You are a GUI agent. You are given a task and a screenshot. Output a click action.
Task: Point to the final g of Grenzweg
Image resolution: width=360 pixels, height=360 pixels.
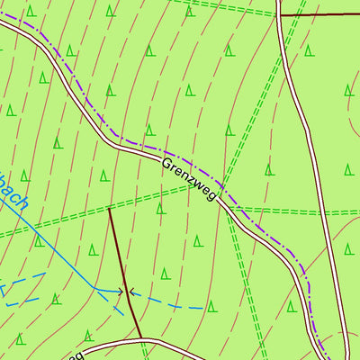coord(212,195)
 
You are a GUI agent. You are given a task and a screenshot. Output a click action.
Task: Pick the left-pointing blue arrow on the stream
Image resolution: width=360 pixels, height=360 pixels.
coord(133,291)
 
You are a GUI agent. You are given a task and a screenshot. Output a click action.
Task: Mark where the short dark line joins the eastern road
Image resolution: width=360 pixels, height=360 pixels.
coord(281,15)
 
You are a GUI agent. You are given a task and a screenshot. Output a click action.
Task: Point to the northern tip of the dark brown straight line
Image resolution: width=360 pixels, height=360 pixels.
coord(108,209)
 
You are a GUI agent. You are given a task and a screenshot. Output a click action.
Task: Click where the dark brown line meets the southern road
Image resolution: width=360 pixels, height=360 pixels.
coord(141,339)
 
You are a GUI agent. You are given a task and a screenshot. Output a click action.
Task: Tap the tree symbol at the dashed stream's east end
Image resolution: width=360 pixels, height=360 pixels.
coord(211,306)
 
